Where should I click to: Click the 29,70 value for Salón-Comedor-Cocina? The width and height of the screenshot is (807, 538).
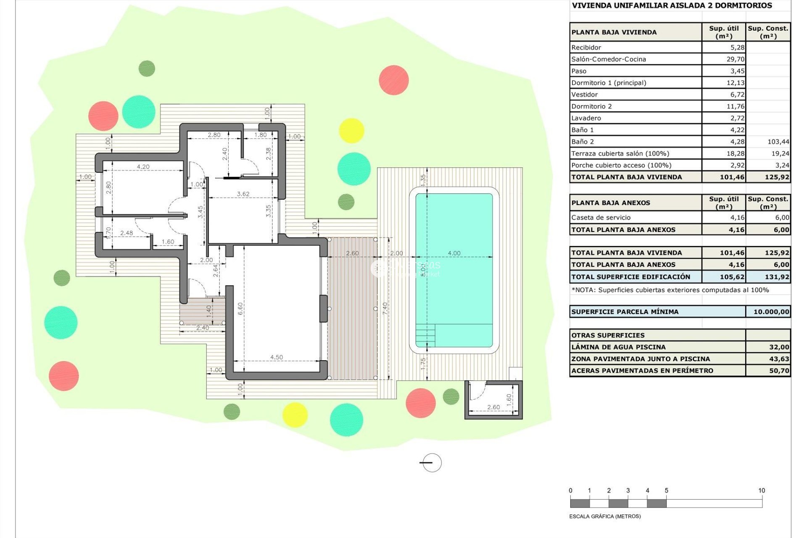coord(735,59)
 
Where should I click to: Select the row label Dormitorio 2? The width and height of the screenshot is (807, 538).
coord(591,106)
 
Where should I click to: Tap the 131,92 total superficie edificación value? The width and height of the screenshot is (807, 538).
coord(777,277)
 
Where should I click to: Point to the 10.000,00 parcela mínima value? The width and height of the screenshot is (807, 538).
coord(771,312)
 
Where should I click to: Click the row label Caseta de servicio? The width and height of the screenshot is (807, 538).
coord(601,218)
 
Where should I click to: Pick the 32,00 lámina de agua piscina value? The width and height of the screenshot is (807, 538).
coord(779,347)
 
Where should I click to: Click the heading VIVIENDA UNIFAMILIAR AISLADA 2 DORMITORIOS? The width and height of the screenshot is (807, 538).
coord(672,5)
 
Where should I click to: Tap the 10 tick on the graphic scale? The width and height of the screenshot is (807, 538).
coord(762,491)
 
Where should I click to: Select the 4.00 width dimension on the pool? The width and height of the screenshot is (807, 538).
coord(454,253)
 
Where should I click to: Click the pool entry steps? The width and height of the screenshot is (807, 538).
coord(425,335)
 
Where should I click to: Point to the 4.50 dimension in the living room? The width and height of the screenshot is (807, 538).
coord(276,357)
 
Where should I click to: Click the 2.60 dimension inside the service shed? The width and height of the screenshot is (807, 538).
coord(493,407)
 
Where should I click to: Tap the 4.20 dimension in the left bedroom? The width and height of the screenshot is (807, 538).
coord(143,167)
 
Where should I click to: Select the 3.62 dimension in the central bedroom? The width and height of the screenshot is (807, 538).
coord(243,194)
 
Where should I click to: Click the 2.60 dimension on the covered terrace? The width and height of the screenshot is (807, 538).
coord(352,253)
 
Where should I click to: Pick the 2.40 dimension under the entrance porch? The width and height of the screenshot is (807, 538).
coord(202,328)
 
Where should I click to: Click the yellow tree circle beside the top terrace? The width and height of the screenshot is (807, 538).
coord(351,131)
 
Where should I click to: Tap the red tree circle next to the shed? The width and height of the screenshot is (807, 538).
coord(420,403)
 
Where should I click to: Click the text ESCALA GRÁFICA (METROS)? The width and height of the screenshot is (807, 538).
coord(604,516)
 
